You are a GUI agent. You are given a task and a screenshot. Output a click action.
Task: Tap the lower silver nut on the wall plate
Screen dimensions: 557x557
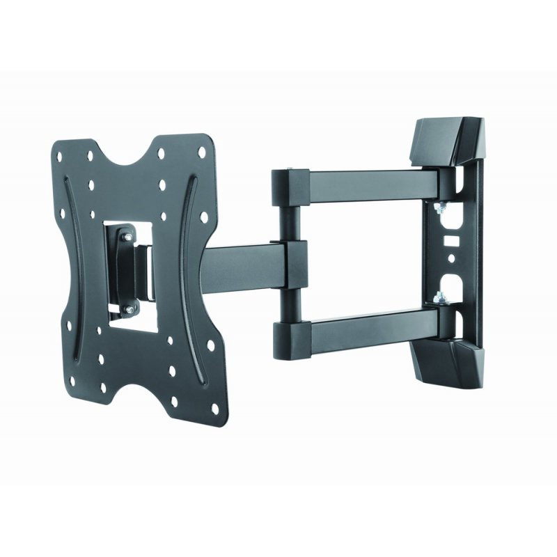click(x=438, y=300)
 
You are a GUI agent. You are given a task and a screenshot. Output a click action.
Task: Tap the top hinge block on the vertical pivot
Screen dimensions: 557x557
click(x=288, y=182)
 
